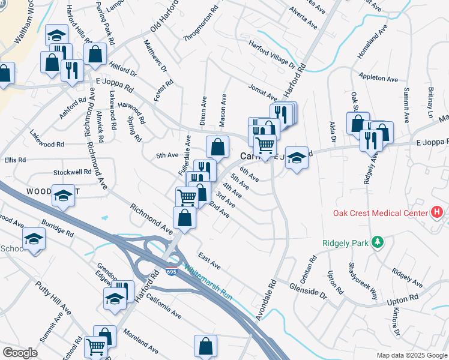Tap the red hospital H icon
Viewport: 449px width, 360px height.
coord(437,213)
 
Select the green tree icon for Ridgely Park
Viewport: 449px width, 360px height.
coord(378,242)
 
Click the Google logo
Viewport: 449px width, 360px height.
coord(20,353)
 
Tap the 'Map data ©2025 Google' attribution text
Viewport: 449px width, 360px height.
coord(411,355)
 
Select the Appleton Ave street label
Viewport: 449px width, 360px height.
coord(378,79)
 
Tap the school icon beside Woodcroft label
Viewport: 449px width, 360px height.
coord(63,196)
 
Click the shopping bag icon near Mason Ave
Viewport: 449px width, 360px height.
coord(218,146)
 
